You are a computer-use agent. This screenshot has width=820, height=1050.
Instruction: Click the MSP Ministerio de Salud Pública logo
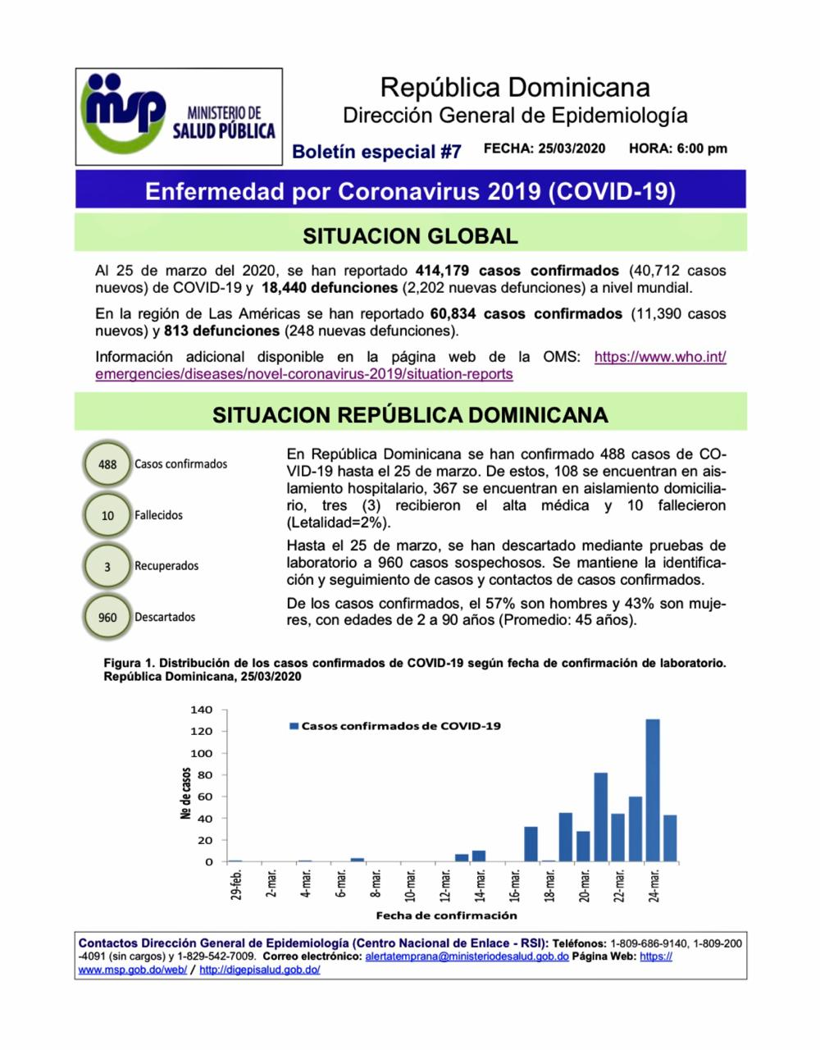tap(179, 116)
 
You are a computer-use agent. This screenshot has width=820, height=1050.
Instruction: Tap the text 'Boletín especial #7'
tap(376, 152)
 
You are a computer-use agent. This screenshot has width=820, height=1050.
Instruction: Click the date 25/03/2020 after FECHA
tap(572, 148)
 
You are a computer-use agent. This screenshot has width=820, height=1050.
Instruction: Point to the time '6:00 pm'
tap(702, 148)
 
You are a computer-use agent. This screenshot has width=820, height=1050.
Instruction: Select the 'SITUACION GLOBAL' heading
tap(410, 236)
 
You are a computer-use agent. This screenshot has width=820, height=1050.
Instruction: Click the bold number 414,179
tap(443, 271)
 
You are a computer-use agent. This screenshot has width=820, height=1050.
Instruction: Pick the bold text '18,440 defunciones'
tap(330, 288)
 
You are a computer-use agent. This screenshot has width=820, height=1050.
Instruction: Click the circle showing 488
tap(107, 464)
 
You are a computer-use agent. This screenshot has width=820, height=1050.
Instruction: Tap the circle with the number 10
tap(107, 516)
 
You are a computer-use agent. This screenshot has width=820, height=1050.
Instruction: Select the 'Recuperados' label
tap(166, 566)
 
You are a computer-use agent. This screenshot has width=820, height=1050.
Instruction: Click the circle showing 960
tap(107, 617)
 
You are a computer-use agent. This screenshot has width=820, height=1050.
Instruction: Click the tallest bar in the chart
tap(653, 790)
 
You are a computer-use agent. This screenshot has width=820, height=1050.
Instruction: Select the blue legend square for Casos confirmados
tap(294, 726)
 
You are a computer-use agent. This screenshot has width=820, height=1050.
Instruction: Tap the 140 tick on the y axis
tap(201, 710)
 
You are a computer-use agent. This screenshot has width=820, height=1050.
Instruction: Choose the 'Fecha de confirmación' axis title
tap(446, 915)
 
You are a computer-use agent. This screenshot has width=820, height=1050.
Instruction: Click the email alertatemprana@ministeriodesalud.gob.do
tap(467, 956)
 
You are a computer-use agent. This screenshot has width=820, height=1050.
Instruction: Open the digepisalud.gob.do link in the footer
tap(259, 970)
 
